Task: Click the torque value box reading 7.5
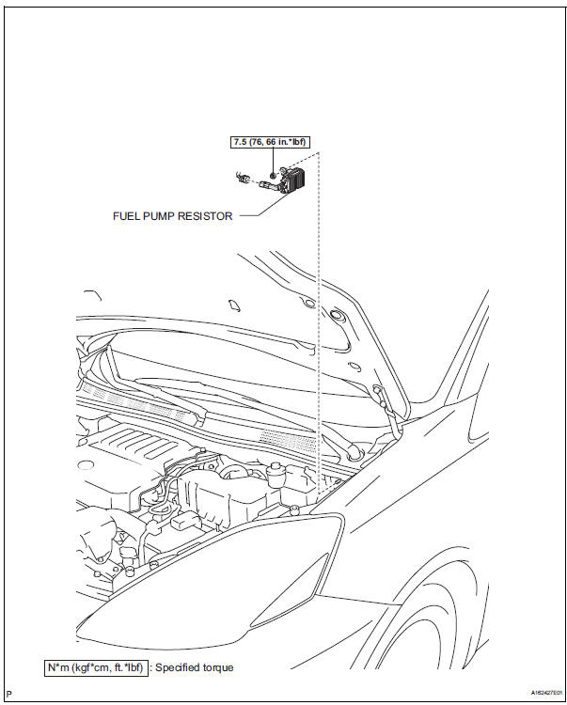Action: tap(271, 142)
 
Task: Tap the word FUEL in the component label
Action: tap(127, 215)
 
